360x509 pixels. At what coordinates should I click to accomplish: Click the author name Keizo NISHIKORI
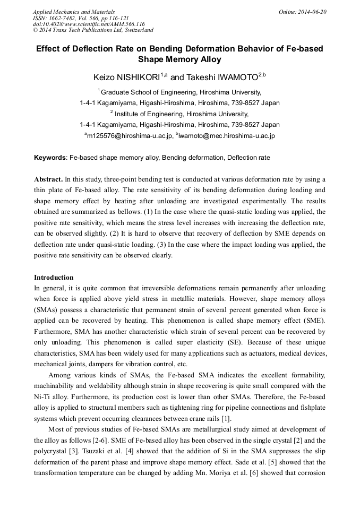126,77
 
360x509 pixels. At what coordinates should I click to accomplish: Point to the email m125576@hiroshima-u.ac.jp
130,136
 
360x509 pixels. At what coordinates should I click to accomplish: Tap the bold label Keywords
50,158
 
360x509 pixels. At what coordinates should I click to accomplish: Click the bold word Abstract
48,179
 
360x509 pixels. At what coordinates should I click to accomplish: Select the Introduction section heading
54,278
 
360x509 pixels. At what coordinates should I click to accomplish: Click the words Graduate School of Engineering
153,92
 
